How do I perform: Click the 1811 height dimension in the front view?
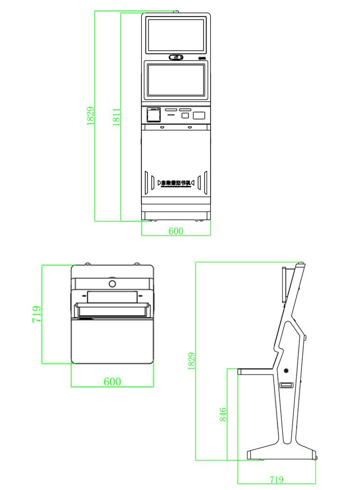(x=117, y=117)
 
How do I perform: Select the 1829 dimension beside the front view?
(x=90, y=116)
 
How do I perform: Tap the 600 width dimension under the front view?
(x=176, y=231)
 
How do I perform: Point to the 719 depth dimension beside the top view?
(x=37, y=314)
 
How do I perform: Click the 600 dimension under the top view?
(x=112, y=382)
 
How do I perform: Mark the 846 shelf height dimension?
(x=223, y=414)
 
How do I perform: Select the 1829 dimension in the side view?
(x=192, y=361)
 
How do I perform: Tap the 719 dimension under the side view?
(x=276, y=480)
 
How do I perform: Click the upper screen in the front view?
(x=176, y=34)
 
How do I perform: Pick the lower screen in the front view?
(x=176, y=80)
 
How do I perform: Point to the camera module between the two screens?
(x=176, y=57)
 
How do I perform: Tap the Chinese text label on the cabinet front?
(x=176, y=183)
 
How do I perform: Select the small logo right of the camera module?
(x=202, y=58)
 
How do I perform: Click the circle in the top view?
(x=112, y=284)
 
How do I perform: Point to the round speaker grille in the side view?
(x=286, y=371)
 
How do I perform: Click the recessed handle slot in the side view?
(x=286, y=386)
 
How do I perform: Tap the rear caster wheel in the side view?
(x=315, y=458)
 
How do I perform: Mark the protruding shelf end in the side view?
(x=240, y=372)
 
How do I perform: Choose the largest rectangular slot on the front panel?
(x=199, y=115)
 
